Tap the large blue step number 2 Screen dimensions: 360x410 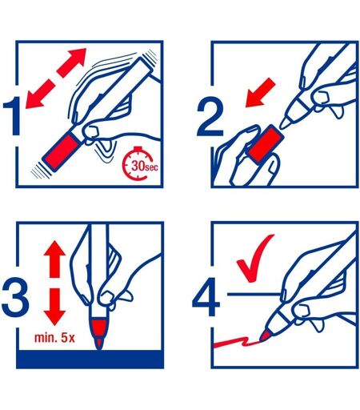[x=210, y=116]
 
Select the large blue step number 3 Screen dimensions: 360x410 [x=15, y=296]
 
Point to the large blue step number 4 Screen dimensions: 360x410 [x=206, y=297]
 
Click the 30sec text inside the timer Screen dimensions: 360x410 [x=145, y=166]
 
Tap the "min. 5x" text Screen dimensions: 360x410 [x=54, y=338]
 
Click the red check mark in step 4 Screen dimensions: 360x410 [x=254, y=259]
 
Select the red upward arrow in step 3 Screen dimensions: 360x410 [x=54, y=259]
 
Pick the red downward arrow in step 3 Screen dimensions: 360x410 [x=54, y=307]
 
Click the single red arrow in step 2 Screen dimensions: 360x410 [x=259, y=94]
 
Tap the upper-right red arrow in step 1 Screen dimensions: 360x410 [x=72, y=62]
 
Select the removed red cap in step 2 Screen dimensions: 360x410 [x=265, y=144]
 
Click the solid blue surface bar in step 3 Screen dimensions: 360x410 [x=90, y=360]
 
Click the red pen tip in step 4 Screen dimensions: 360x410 [x=265, y=336]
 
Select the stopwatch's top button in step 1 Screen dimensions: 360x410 [x=138, y=148]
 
